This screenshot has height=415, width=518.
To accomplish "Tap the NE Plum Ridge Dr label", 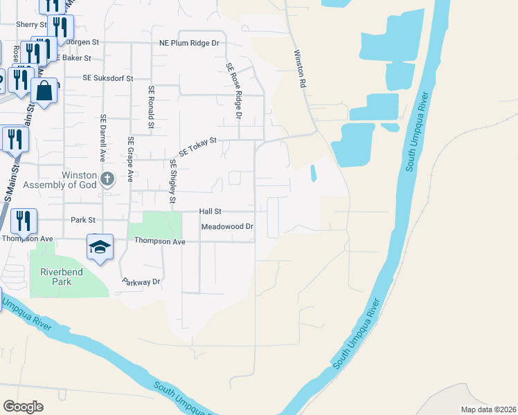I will pyautogui.click(x=188, y=43).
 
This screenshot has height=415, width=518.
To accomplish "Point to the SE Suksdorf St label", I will pyautogui.click(x=107, y=79).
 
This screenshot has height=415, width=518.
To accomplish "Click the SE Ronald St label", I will pyautogui.click(x=150, y=108).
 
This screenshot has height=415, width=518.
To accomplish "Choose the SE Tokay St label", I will pyautogui.click(x=198, y=147).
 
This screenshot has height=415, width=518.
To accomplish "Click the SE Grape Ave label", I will pyautogui.click(x=129, y=159).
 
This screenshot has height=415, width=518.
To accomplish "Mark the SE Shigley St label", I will pyautogui.click(x=172, y=181).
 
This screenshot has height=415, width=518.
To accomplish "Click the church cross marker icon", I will pyautogui.click(x=107, y=180).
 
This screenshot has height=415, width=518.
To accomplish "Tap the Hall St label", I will pyautogui.click(x=210, y=211).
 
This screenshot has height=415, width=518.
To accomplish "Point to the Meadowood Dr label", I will pyautogui.click(x=228, y=227).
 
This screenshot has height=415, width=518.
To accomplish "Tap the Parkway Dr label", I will pyautogui.click(x=141, y=282).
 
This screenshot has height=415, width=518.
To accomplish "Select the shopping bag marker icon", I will pyautogui.click(x=44, y=91).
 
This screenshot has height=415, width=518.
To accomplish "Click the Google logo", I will pyautogui.click(x=23, y=407).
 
